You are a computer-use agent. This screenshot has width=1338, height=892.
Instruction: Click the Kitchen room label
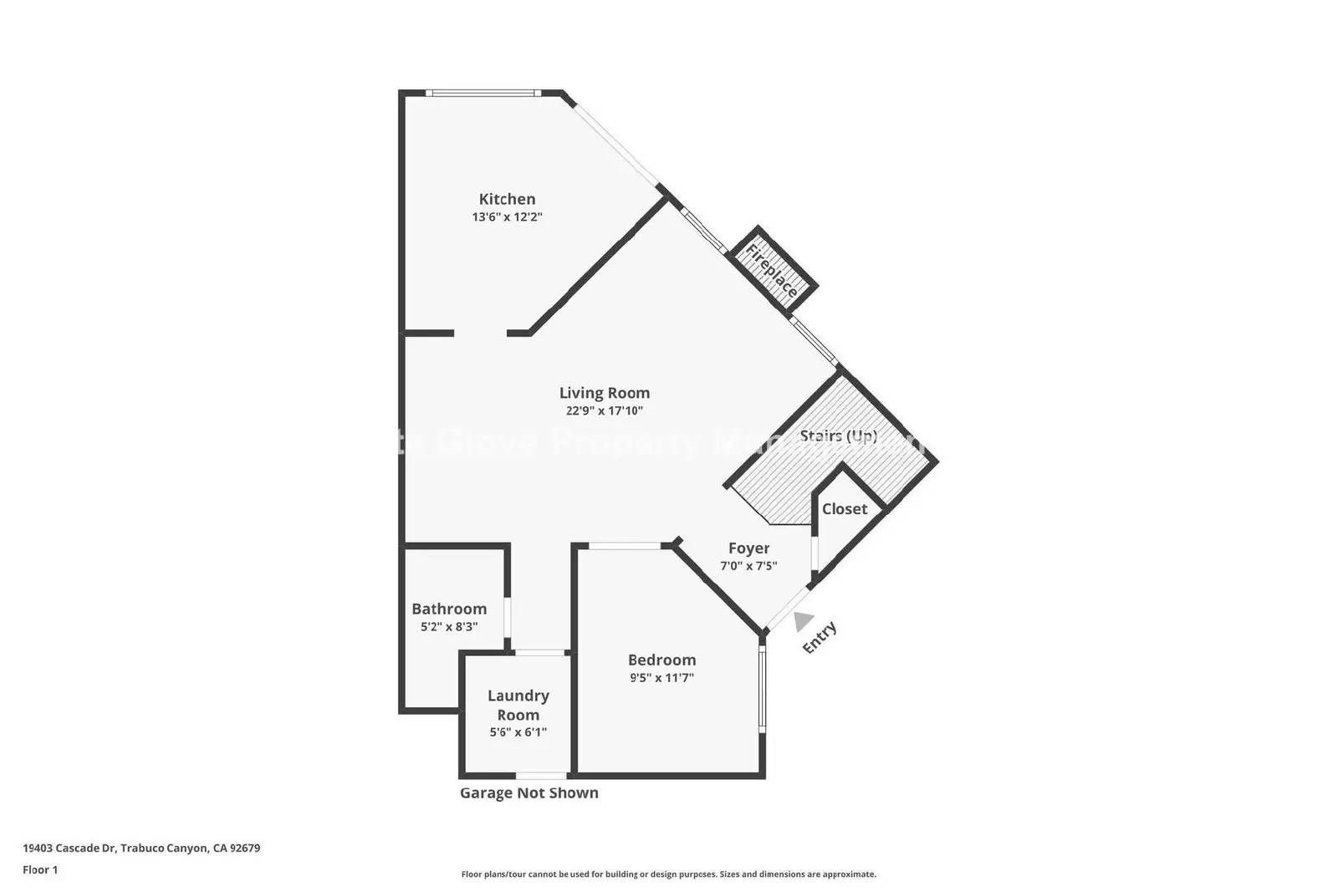[x=507, y=199]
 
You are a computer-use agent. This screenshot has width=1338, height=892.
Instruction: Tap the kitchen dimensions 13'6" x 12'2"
[x=507, y=217]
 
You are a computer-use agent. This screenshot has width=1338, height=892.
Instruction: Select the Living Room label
[x=604, y=393]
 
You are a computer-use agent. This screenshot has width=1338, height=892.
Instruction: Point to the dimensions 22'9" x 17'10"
[x=604, y=411]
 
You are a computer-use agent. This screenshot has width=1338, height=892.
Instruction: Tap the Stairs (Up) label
[x=838, y=436]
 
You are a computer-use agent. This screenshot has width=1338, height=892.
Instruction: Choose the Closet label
[x=844, y=509]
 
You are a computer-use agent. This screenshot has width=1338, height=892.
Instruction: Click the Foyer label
[x=748, y=548]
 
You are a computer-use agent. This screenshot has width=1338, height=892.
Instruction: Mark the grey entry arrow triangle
[x=803, y=621]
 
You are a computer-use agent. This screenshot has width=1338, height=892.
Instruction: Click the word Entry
[x=820, y=638]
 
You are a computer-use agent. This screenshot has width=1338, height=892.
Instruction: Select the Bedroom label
[x=661, y=660]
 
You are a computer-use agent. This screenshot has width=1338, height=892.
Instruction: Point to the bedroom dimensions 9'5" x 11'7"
[x=661, y=678]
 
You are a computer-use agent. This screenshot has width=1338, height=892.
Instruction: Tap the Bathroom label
[x=449, y=609]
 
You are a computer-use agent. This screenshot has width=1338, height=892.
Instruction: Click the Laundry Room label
[x=518, y=705]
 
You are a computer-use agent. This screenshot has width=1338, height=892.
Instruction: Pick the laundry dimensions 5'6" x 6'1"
[x=518, y=732]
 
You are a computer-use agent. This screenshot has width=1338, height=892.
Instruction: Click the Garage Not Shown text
[x=529, y=793]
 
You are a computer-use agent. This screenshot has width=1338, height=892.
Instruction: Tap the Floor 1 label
[x=40, y=870]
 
